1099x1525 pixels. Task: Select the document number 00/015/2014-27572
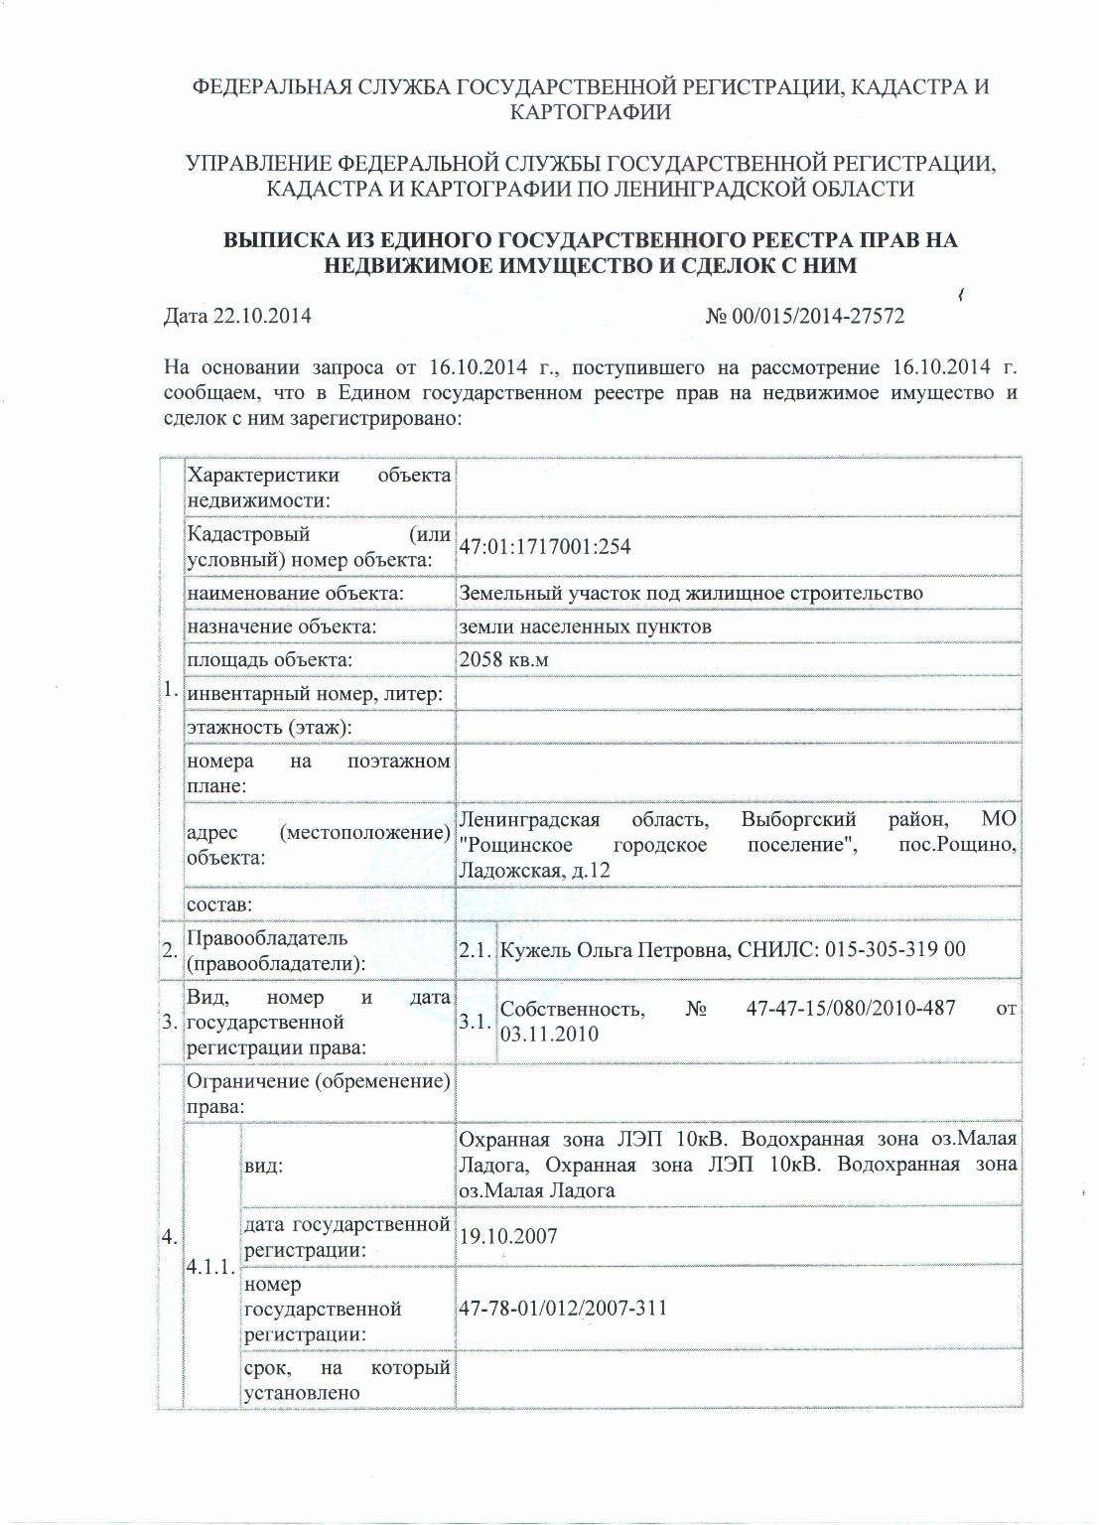click(x=817, y=316)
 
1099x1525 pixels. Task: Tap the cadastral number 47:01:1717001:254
click(x=545, y=547)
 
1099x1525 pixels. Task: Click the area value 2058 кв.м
click(x=503, y=659)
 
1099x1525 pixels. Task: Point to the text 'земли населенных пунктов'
click(x=585, y=626)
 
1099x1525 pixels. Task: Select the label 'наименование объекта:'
click(x=295, y=593)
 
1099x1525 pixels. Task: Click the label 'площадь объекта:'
click(x=269, y=659)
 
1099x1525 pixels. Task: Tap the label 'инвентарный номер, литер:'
click(x=315, y=693)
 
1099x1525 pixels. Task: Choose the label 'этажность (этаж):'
click(x=269, y=727)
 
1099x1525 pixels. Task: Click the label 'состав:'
click(x=219, y=904)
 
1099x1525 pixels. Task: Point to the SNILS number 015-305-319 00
click(x=898, y=949)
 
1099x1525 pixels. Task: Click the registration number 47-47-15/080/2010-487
click(x=850, y=1009)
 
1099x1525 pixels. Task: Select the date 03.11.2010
click(x=549, y=1034)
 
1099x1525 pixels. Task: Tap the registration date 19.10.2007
click(x=507, y=1236)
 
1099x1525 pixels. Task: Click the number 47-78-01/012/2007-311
click(x=563, y=1308)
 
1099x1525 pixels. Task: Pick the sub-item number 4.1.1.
click(x=210, y=1268)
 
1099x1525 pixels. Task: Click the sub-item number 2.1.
click(x=475, y=950)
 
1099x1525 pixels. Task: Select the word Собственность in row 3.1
click(x=572, y=1009)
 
